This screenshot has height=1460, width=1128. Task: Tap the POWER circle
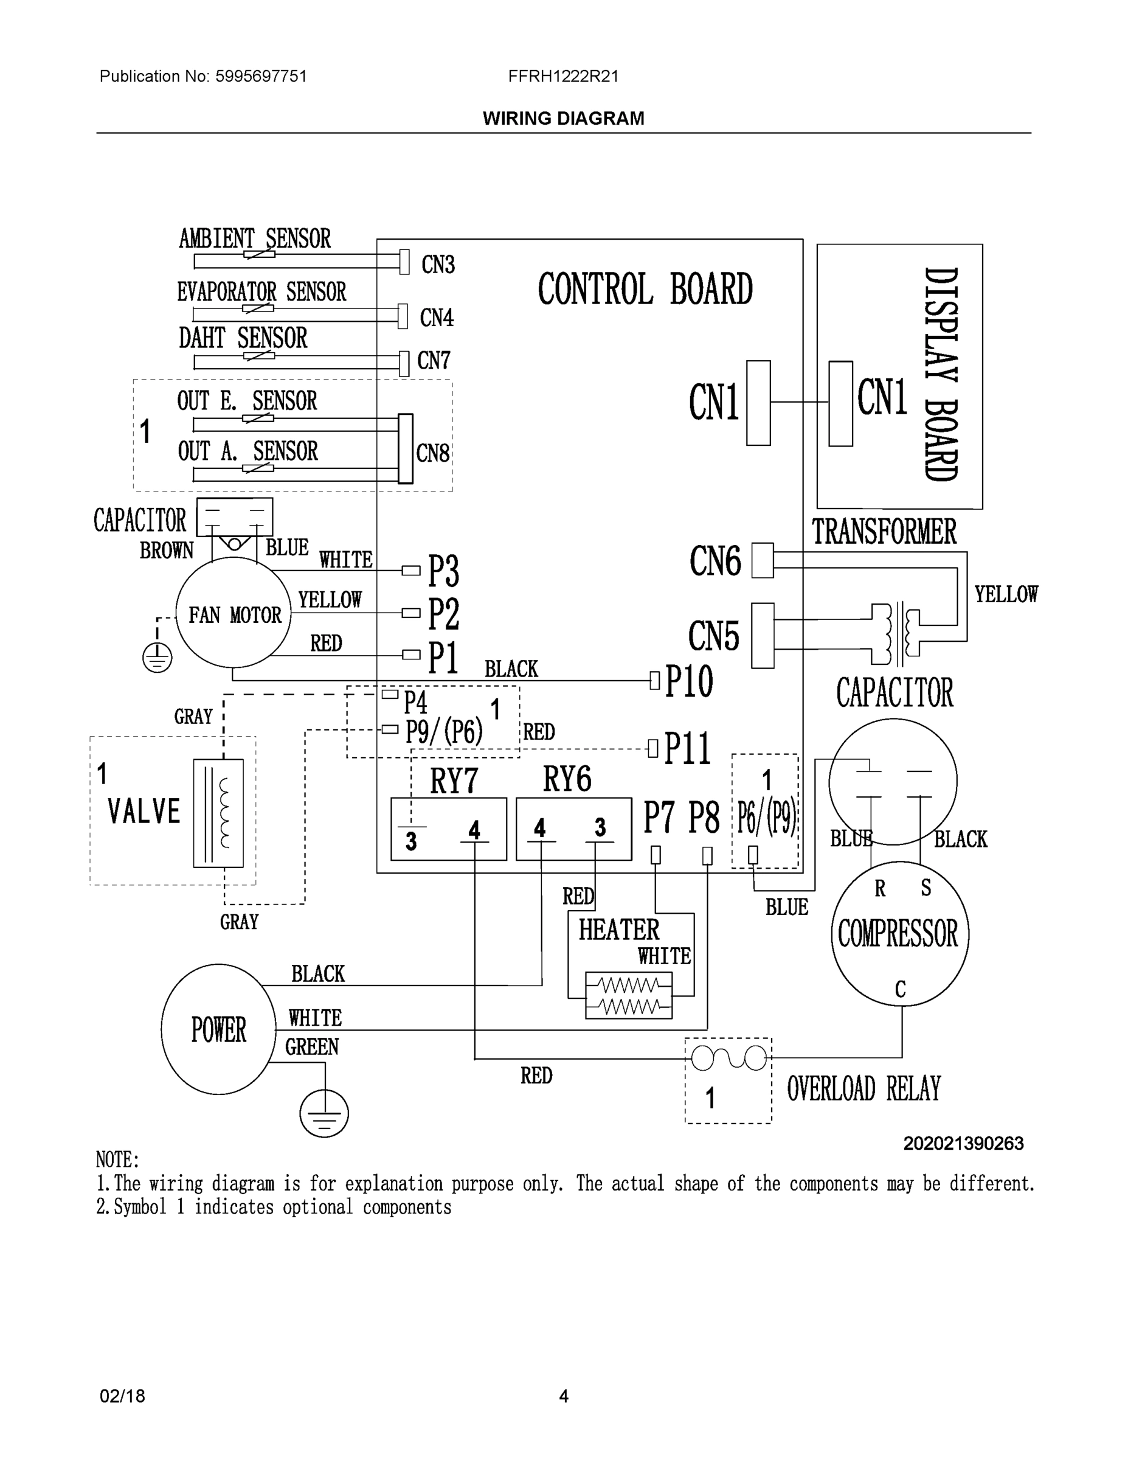(x=218, y=1029)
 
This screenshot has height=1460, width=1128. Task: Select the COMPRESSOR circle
(x=899, y=934)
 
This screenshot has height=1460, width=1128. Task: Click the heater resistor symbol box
(x=628, y=995)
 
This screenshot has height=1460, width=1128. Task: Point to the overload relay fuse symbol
(x=728, y=1058)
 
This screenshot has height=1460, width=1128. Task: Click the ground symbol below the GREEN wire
(x=324, y=1113)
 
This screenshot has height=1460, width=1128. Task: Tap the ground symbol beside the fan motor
(x=157, y=658)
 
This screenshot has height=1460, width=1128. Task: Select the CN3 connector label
(x=438, y=265)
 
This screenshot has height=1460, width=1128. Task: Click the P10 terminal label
(x=689, y=682)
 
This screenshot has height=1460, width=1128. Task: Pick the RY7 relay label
(x=454, y=779)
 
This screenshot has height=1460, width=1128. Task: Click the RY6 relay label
(x=567, y=779)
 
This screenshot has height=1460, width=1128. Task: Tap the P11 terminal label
(x=688, y=748)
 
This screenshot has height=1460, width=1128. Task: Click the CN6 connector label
(x=715, y=560)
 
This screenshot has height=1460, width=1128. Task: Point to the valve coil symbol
(x=218, y=813)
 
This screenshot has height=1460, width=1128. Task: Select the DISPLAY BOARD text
(x=941, y=374)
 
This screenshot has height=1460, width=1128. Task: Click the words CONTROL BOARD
(x=645, y=289)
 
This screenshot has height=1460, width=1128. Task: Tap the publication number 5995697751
(x=261, y=76)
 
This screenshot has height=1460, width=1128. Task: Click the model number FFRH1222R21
(x=563, y=76)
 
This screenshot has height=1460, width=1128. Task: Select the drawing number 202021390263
(x=963, y=1144)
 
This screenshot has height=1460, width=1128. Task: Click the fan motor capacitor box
(x=235, y=516)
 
